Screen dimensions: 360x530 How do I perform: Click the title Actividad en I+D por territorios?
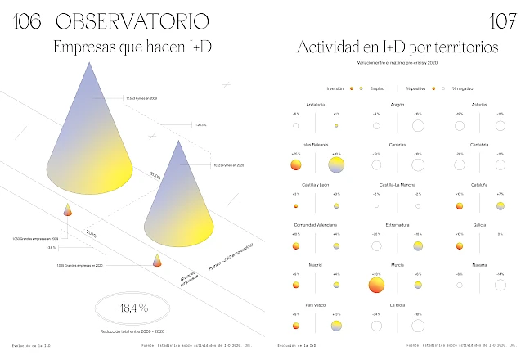pos(397,47)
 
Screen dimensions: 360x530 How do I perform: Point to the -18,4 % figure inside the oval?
pos(132,308)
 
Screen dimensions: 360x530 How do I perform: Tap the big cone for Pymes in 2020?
pos(180,196)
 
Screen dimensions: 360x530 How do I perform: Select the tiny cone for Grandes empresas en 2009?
pos(68,210)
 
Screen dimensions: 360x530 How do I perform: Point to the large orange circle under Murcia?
pos(376,285)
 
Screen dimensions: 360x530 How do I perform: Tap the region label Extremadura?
pos(397,224)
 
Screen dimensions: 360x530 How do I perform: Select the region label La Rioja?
pos(397,304)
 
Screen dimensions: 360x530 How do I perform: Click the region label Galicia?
pos(480,224)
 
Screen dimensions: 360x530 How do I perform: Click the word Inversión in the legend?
pos(335,87)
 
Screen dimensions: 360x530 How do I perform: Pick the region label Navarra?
pos(480,264)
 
